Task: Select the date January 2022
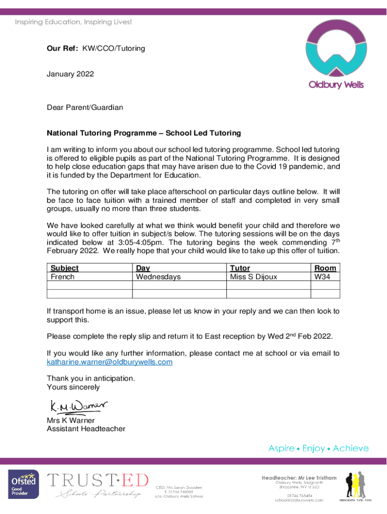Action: (x=70, y=74)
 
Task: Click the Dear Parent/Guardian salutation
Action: (x=85, y=107)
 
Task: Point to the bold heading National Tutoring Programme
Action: (x=144, y=134)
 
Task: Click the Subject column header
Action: (x=65, y=268)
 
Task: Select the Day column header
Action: (x=143, y=268)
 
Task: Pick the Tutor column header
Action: (x=240, y=268)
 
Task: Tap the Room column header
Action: (x=325, y=268)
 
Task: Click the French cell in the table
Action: (x=62, y=277)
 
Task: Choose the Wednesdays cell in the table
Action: (x=158, y=277)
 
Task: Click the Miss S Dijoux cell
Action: (x=253, y=277)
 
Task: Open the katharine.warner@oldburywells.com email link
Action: (x=110, y=362)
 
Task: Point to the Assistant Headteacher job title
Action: (x=86, y=429)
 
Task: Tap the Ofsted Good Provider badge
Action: (x=23, y=485)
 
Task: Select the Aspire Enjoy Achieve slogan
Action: (x=318, y=448)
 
